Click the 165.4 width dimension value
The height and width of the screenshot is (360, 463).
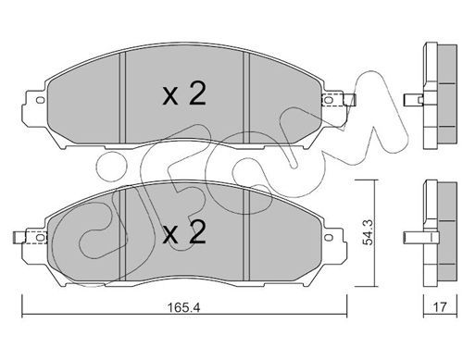[183, 307]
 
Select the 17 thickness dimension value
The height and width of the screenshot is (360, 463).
[440, 307]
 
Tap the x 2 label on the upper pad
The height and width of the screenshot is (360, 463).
[184, 94]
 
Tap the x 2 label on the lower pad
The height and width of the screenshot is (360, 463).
[184, 232]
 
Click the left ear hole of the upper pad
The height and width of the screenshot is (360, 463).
[40, 100]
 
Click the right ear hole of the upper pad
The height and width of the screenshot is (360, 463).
[329, 100]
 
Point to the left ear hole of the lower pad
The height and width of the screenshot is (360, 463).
[40, 238]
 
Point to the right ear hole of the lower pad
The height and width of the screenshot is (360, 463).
[329, 238]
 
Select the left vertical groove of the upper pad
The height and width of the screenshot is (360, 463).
[122, 98]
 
